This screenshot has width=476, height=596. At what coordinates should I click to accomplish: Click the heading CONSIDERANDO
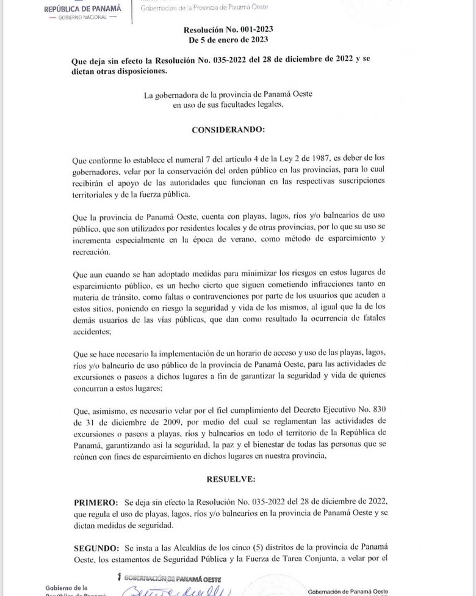click(x=228, y=130)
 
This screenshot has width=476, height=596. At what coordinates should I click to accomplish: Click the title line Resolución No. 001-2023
click(x=228, y=30)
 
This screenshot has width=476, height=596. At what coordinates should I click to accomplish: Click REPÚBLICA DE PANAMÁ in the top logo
click(x=83, y=9)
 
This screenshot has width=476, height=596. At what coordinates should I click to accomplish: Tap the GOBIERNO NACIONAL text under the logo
click(x=83, y=17)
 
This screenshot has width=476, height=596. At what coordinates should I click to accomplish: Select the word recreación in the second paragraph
click(x=92, y=252)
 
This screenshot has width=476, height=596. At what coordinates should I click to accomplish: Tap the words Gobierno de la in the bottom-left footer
click(x=67, y=587)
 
